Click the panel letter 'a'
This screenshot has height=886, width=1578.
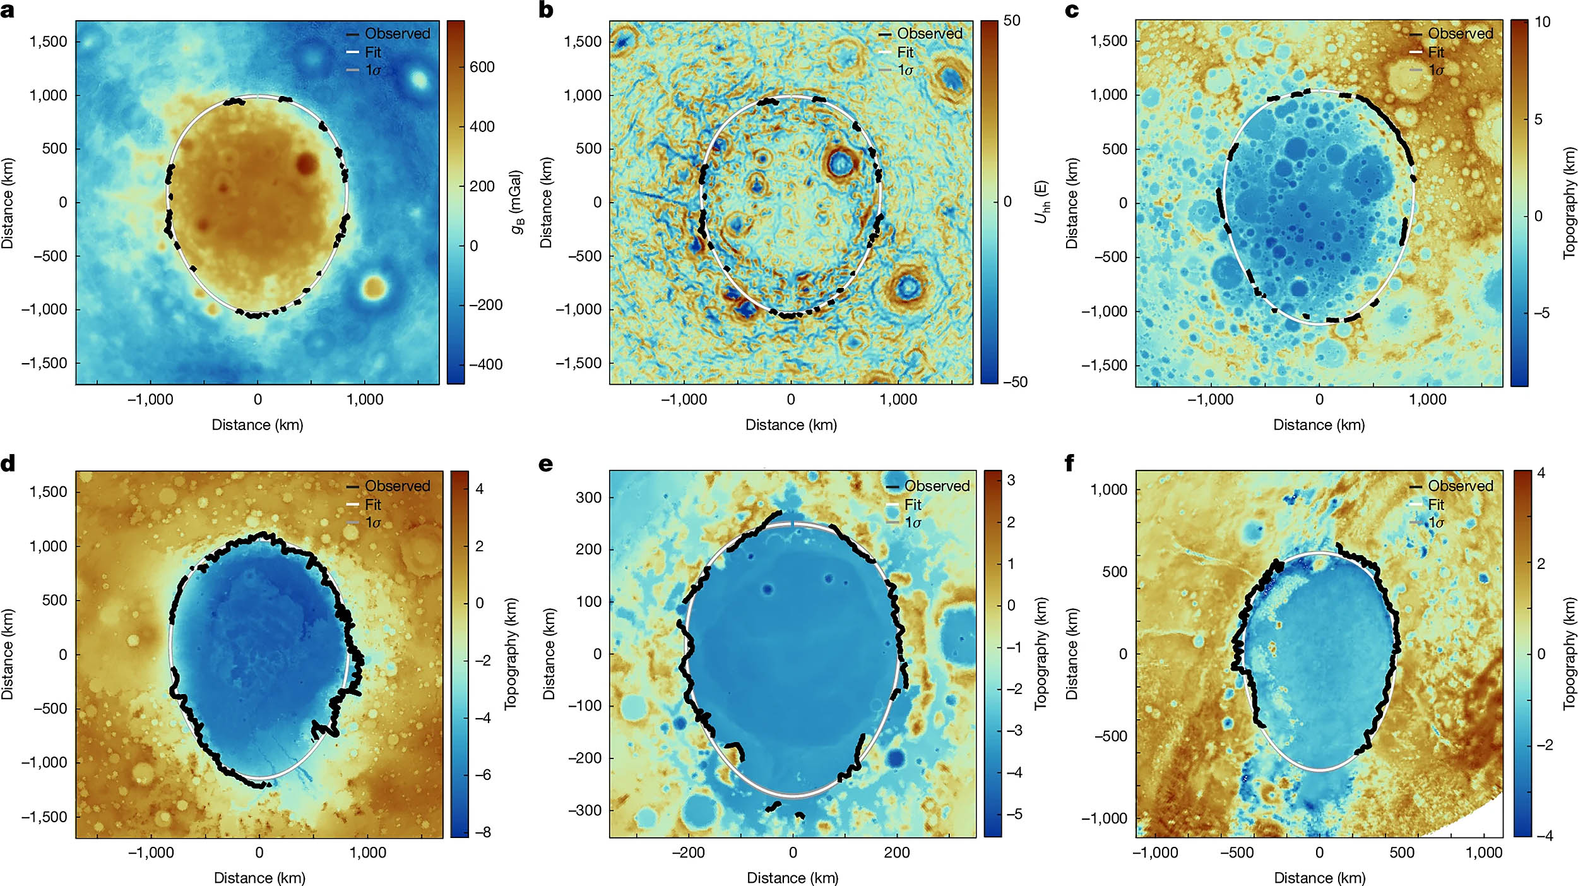point(8,11)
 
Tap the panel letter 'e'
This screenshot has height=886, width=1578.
point(545,464)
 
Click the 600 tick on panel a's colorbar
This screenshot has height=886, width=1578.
point(482,67)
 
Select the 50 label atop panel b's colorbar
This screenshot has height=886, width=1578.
point(1011,21)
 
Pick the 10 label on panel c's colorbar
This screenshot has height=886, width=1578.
point(1542,22)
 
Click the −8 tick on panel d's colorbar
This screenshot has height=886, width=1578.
point(483,832)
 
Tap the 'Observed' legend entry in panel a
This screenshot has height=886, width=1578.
point(397,33)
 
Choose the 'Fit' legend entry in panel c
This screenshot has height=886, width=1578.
point(1436,52)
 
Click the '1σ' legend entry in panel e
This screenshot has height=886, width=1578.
point(913,523)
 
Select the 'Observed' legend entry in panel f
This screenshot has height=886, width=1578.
point(1461,486)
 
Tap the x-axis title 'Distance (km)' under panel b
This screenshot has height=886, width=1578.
point(791,425)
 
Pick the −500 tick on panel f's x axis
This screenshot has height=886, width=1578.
point(1237,853)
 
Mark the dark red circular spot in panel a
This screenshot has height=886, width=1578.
point(306,163)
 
